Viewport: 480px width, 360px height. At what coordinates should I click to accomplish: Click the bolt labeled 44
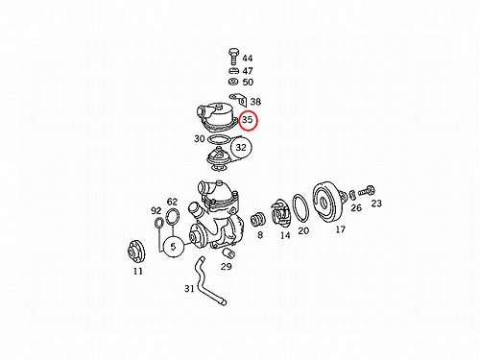(233, 57)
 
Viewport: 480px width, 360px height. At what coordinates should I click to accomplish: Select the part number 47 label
(248, 71)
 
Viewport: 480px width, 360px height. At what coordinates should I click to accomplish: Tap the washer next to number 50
(233, 82)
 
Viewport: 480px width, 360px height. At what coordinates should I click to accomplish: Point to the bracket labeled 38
(238, 100)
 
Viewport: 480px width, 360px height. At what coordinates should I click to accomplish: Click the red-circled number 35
(249, 120)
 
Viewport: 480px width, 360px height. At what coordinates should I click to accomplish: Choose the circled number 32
(241, 147)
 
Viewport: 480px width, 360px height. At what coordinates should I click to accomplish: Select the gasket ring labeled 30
(218, 139)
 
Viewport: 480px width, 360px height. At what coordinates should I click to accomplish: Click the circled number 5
(174, 247)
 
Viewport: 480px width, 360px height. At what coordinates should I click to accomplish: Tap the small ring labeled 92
(159, 222)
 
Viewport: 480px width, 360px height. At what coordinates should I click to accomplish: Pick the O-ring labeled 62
(173, 216)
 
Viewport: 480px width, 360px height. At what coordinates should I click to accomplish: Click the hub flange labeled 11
(136, 252)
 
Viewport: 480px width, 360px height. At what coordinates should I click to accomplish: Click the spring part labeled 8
(257, 220)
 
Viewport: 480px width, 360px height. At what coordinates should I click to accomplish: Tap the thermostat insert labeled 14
(280, 213)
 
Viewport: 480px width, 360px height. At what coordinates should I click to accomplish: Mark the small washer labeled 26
(352, 194)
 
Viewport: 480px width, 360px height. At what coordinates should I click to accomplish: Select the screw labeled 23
(367, 191)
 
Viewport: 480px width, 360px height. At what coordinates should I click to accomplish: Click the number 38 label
(255, 102)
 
